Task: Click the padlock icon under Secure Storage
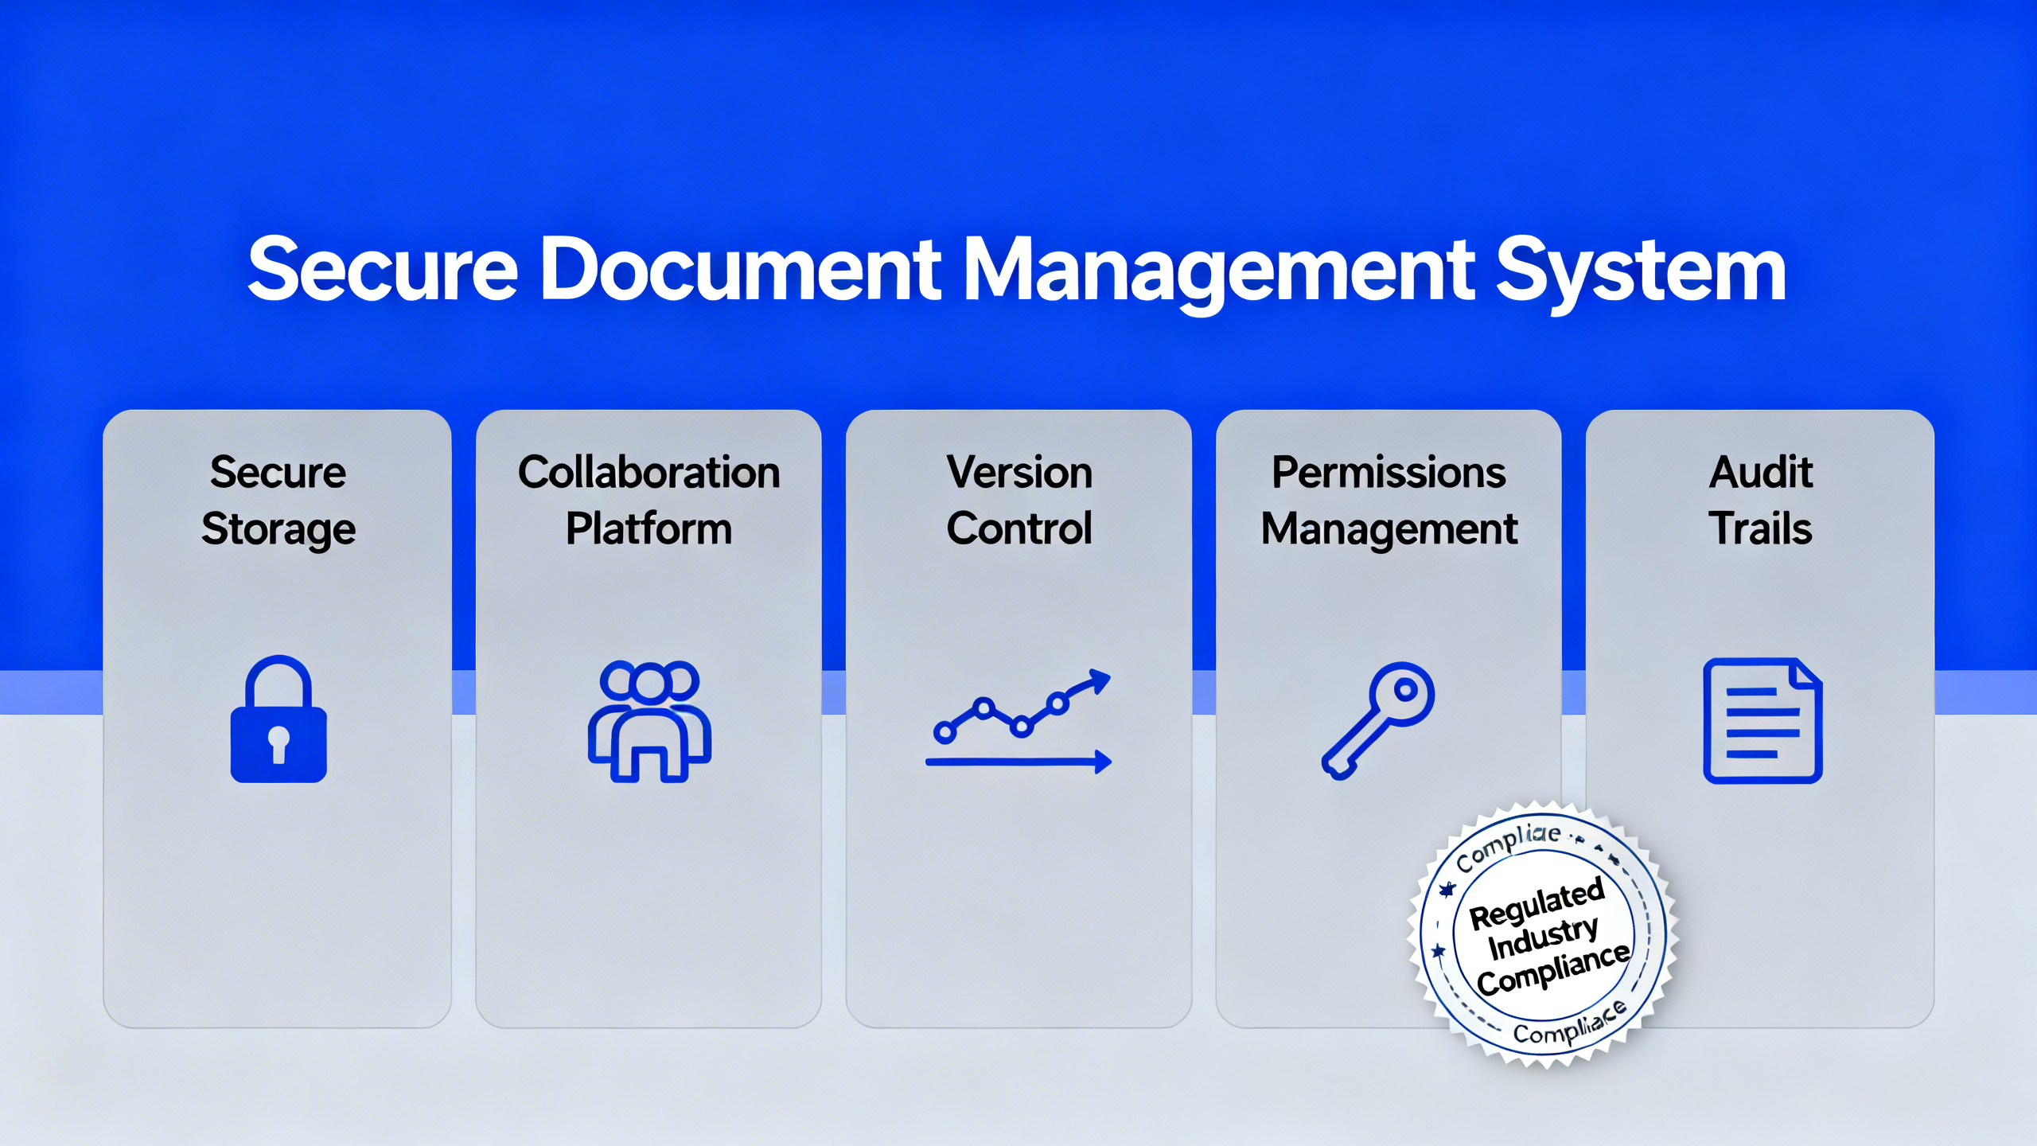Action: click(x=278, y=719)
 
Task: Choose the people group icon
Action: click(x=649, y=721)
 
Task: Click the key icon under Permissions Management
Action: click(x=1378, y=719)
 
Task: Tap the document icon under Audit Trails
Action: click(x=1762, y=721)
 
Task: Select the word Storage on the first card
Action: click(x=278, y=530)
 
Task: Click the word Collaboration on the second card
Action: click(x=649, y=473)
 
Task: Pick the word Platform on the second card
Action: click(x=649, y=528)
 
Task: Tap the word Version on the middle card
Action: click(x=1019, y=473)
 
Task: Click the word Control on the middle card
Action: click(x=1019, y=528)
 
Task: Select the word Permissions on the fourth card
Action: click(x=1389, y=473)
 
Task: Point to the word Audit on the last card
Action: click(x=1760, y=473)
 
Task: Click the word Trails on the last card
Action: click(x=1760, y=528)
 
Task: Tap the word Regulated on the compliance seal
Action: click(x=1536, y=904)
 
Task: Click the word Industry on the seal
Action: click(x=1543, y=938)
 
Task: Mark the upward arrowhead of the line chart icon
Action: click(x=1101, y=678)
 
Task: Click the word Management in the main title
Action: click(x=1217, y=271)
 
